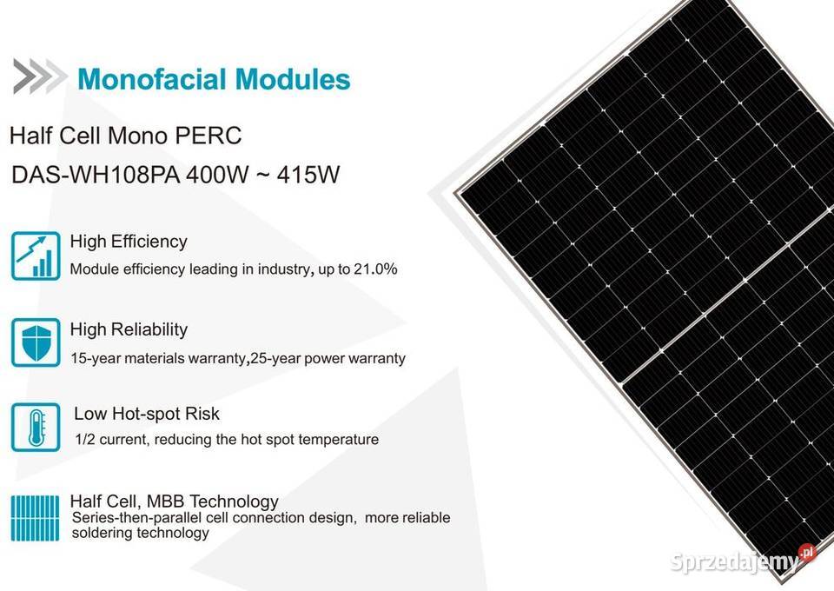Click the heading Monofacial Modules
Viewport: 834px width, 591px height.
click(214, 79)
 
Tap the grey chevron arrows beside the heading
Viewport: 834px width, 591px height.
click(39, 76)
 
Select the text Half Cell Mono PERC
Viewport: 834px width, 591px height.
click(125, 136)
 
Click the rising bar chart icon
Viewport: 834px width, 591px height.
click(36, 255)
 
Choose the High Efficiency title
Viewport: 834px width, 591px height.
click(129, 242)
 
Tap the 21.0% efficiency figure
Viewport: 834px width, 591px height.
click(374, 269)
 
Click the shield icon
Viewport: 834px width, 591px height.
click(36, 342)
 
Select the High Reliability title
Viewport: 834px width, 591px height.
click(129, 329)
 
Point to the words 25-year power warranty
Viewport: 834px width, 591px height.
click(328, 358)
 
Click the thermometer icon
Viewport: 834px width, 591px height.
click(36, 427)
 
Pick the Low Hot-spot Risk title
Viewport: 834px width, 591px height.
click(147, 414)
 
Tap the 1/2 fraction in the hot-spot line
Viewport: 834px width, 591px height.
click(84, 440)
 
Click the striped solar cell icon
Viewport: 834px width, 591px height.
click(36, 517)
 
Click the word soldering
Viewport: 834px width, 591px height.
click(103, 533)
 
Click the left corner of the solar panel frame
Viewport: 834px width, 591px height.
click(460, 190)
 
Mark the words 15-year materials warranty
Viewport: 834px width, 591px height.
click(157, 358)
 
